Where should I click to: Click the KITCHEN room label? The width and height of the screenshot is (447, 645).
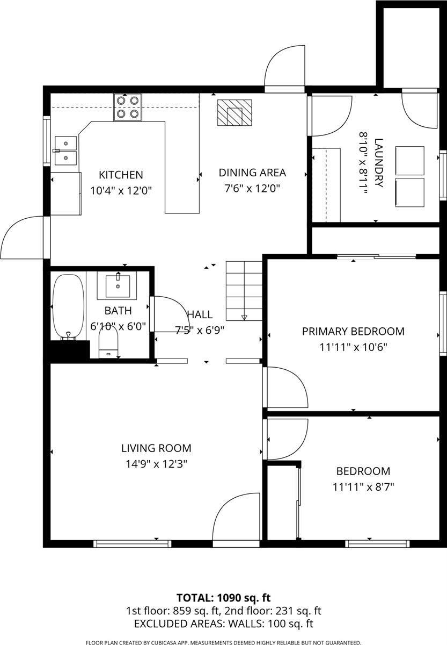pyautogui.click(x=121, y=175)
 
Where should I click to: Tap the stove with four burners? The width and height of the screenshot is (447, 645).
pyautogui.click(x=128, y=107)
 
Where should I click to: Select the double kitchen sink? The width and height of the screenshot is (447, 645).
pyautogui.click(x=66, y=150)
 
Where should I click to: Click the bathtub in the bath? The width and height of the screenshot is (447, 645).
pyautogui.click(x=69, y=307)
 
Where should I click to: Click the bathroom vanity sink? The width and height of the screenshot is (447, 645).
pyautogui.click(x=118, y=285)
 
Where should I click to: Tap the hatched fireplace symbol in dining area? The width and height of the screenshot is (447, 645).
pyautogui.click(x=235, y=112)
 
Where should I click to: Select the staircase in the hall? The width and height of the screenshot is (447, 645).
pyautogui.click(x=244, y=291)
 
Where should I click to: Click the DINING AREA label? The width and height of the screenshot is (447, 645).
pyautogui.click(x=252, y=173)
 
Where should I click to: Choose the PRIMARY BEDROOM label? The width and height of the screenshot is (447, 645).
pyautogui.click(x=353, y=331)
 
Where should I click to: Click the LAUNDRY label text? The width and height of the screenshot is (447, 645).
pyautogui.click(x=379, y=163)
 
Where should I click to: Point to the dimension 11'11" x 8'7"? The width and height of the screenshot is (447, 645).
pyautogui.click(x=363, y=487)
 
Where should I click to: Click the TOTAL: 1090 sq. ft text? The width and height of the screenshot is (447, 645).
pyautogui.click(x=223, y=598)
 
